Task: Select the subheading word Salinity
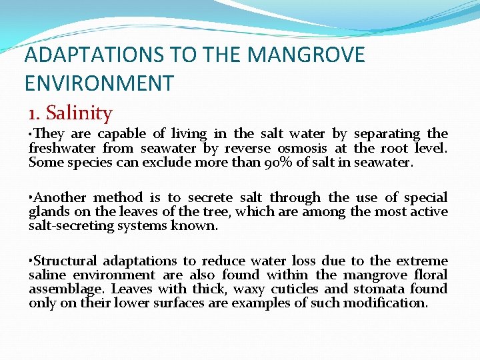pos(79,113)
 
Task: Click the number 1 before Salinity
pos(33,113)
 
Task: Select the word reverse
pos(247,148)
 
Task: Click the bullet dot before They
pos(31,134)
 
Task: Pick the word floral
pos(430,275)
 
